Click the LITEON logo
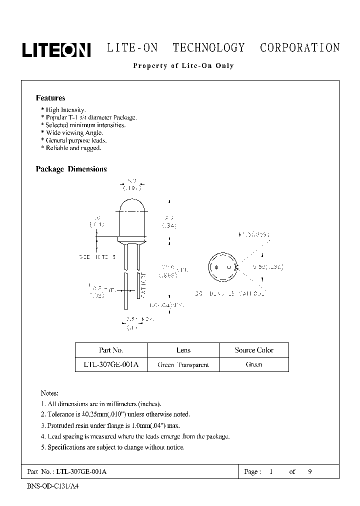(x=55, y=49)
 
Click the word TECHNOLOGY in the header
(x=208, y=48)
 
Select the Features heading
(x=50, y=98)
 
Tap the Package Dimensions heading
(x=71, y=169)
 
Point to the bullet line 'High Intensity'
(x=63, y=109)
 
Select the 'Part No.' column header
(x=111, y=350)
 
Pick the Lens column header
(x=183, y=350)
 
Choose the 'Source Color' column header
(x=254, y=350)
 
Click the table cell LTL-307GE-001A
(x=111, y=364)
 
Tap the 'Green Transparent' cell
(x=183, y=364)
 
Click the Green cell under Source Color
(x=254, y=364)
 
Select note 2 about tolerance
(x=115, y=414)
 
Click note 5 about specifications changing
(x=112, y=447)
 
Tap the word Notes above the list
(x=49, y=392)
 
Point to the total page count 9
(x=310, y=471)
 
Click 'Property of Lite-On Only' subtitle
(x=183, y=65)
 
